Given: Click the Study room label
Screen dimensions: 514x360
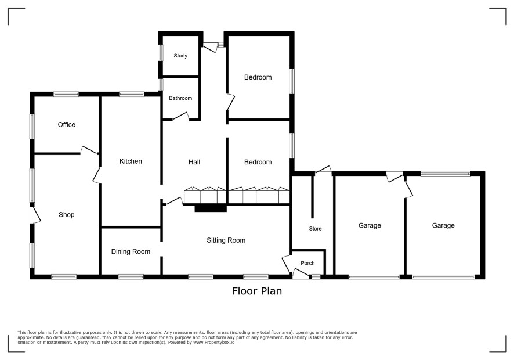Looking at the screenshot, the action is tap(180, 56).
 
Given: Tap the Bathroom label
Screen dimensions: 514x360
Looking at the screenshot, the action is tap(180, 98).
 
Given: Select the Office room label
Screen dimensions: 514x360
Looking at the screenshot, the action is tap(67, 125).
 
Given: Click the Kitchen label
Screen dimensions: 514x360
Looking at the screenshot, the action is tap(131, 161).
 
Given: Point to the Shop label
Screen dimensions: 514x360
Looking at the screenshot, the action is tap(67, 215).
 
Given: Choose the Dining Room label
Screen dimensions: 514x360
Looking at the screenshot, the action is tap(131, 251).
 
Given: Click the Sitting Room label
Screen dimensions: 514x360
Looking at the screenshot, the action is tap(226, 240).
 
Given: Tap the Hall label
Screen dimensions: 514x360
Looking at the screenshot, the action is tap(194, 162).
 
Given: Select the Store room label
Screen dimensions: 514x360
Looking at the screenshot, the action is tap(315, 229).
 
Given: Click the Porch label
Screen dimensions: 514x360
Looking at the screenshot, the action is tap(307, 263).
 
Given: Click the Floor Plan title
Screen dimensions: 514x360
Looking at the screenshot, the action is tap(257, 291).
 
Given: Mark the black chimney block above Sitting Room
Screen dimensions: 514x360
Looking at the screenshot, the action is tap(211, 208).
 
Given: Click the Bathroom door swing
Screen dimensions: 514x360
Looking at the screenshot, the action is tap(181, 116).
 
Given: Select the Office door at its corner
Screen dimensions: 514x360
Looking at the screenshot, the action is tap(89, 150).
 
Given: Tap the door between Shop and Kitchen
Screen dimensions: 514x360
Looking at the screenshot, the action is tap(97, 175).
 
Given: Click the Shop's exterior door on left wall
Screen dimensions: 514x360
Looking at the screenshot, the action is tap(35, 215).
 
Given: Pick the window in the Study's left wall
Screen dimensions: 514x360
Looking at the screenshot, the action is tap(161, 52).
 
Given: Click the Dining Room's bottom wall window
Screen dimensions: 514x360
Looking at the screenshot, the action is tap(131, 277).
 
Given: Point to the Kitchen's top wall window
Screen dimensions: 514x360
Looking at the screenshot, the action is tap(132, 94).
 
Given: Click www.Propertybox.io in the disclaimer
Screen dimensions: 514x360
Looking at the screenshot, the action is tap(213, 342).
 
